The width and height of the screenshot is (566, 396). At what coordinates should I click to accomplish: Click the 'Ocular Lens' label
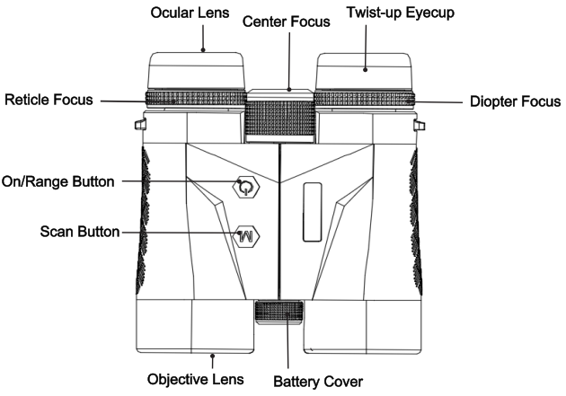(190, 13)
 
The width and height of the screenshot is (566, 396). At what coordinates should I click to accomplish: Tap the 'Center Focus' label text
(287, 22)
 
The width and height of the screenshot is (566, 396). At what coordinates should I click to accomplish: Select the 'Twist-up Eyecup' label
(401, 13)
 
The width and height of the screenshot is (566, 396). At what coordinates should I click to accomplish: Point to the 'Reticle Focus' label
(49, 100)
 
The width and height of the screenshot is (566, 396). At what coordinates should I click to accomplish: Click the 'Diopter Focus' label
(516, 101)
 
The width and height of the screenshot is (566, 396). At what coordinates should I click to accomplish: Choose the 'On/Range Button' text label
(58, 181)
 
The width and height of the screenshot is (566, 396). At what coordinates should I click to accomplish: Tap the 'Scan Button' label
(80, 232)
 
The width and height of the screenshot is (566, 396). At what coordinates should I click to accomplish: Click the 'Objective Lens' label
(195, 380)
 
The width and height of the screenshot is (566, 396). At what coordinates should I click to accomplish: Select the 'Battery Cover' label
(318, 382)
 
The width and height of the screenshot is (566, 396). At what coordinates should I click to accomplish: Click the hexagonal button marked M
(246, 236)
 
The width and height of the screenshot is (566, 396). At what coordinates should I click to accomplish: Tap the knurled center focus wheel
(279, 117)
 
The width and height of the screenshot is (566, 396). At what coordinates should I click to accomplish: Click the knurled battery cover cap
(279, 312)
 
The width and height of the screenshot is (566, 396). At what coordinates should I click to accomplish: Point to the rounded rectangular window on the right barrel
(313, 212)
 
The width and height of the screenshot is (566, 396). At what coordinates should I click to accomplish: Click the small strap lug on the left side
(140, 125)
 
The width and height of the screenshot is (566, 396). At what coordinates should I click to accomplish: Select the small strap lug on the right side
(419, 125)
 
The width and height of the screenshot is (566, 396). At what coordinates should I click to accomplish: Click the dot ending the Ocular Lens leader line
(203, 50)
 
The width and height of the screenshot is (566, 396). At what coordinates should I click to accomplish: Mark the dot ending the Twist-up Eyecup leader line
(366, 70)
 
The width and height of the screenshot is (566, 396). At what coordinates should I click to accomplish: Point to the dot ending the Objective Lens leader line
(213, 356)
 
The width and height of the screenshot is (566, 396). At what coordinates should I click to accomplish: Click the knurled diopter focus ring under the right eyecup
(365, 99)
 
